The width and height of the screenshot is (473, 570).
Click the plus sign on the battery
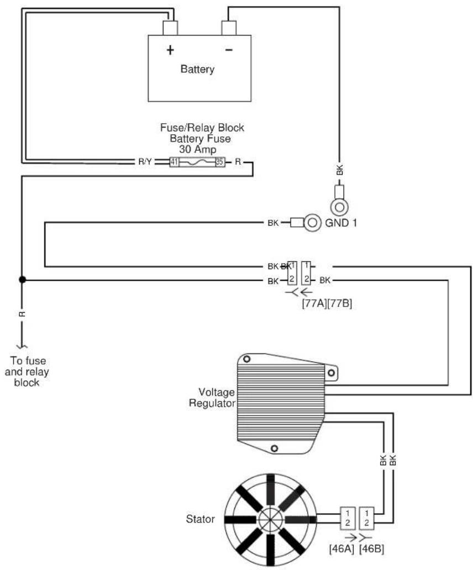(x=170, y=50)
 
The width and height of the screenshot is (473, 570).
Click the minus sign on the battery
(x=229, y=50)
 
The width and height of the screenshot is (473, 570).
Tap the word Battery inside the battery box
(x=197, y=69)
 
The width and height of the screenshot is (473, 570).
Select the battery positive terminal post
(x=170, y=28)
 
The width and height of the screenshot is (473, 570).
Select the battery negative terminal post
(x=229, y=28)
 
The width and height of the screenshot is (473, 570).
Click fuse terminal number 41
(x=174, y=162)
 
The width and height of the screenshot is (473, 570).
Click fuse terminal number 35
(x=219, y=162)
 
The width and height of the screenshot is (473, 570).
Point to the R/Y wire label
(x=145, y=162)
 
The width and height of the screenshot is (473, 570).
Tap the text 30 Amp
(x=197, y=150)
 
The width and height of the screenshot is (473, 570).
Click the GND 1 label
(x=341, y=223)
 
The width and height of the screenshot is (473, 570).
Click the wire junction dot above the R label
(x=22, y=279)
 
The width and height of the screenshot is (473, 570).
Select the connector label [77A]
(x=314, y=303)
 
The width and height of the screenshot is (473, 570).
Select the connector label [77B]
(x=340, y=303)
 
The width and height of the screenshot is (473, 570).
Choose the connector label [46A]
(x=341, y=548)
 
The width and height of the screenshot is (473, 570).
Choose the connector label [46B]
(x=371, y=548)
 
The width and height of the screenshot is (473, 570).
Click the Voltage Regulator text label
(x=212, y=398)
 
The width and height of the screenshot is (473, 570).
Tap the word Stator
(x=200, y=519)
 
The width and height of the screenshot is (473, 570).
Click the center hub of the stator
(x=271, y=520)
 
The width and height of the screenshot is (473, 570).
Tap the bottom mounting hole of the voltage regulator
(x=275, y=448)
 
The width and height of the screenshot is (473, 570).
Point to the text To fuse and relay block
(x=27, y=372)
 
